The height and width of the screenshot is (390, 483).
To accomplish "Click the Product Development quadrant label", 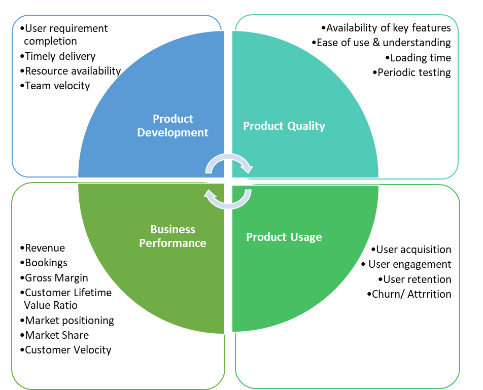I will [x=172, y=126].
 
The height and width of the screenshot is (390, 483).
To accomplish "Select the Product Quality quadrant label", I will [x=284, y=126].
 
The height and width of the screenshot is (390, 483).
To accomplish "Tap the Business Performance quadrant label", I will [x=172, y=236].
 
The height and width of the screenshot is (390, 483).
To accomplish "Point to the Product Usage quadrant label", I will [x=284, y=237].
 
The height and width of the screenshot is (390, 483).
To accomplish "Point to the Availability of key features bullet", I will [x=386, y=28].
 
